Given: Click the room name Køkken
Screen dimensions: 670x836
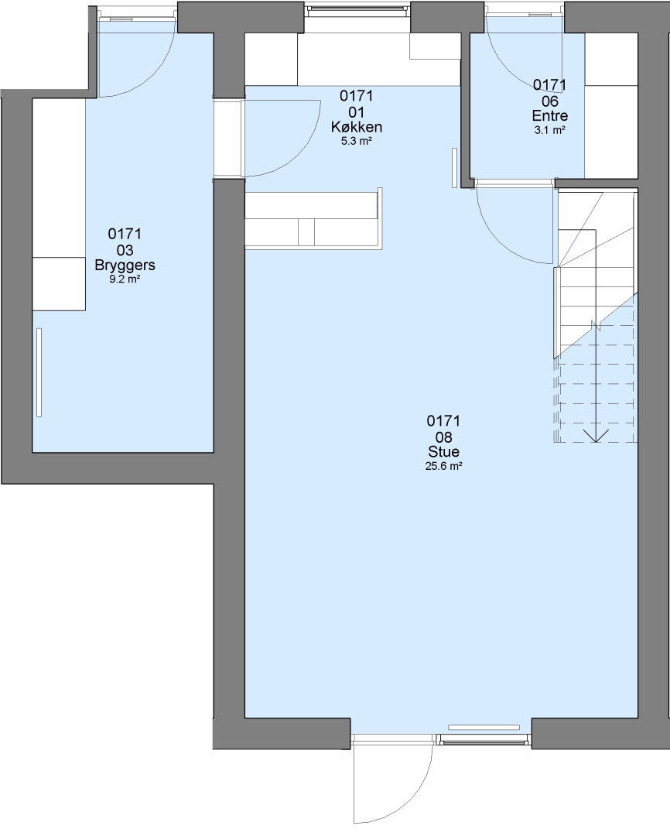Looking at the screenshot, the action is point(357,127).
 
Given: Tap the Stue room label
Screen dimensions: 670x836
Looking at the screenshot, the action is point(443,451).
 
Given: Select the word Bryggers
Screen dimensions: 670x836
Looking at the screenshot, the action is point(125,265).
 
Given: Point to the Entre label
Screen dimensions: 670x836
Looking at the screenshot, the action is point(550,115).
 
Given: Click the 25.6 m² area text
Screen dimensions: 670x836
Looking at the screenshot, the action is point(443,467).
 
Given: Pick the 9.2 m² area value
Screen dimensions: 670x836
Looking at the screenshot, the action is point(125,279).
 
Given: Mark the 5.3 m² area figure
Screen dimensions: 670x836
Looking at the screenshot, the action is point(357,142).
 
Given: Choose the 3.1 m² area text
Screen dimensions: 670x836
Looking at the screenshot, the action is point(550,129).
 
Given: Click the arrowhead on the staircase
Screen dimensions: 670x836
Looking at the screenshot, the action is point(596,435).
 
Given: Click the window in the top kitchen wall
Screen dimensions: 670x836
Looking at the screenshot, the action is point(357,8).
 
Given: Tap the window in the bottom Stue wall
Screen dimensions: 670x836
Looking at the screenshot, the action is point(484,739).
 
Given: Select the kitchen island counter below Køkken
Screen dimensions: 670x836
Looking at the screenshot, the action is point(313,218).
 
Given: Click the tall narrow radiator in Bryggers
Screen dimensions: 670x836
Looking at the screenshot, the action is point(39,372).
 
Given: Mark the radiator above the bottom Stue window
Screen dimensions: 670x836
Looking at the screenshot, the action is point(484,727).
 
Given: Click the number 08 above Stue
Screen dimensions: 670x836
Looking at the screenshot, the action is point(443,437).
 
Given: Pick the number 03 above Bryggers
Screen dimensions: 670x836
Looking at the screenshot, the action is point(125,250).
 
